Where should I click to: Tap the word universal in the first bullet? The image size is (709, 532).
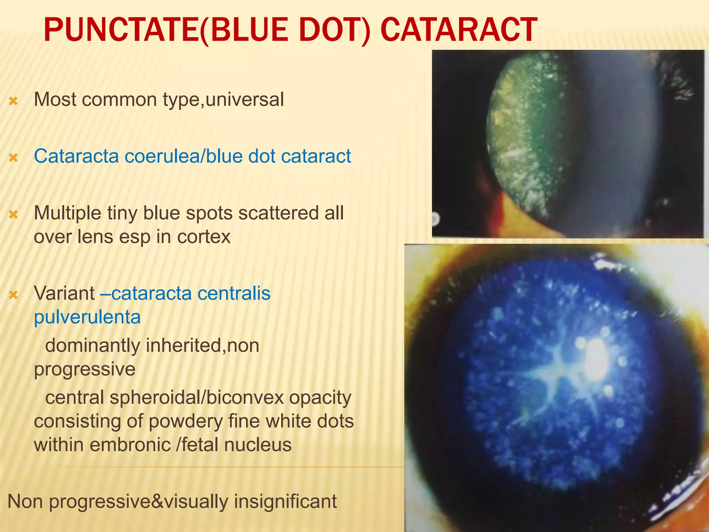[x=244, y=99]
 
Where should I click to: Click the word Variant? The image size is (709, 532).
[x=64, y=293]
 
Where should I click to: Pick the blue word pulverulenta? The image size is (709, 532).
[x=87, y=317]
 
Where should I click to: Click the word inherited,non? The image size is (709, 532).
[x=202, y=345]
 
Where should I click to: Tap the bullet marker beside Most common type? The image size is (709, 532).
[x=13, y=101]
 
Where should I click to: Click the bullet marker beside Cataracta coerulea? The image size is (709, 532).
[x=13, y=158]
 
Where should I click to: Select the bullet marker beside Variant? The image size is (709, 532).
[x=13, y=295]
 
